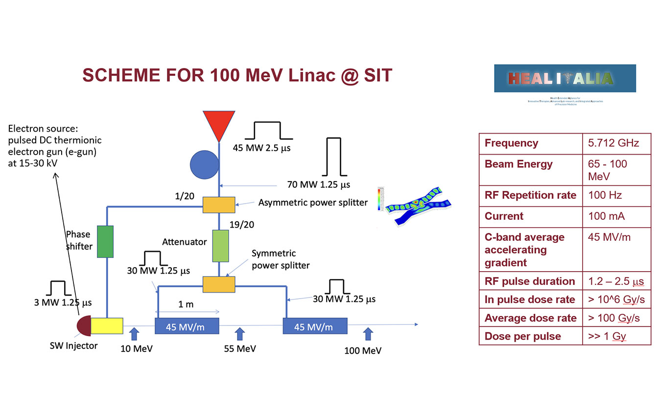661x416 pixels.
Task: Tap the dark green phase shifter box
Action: point(106,241)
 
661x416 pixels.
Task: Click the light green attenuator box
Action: point(220,245)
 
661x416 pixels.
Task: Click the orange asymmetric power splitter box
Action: point(219,204)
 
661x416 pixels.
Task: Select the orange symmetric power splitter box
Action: point(219,284)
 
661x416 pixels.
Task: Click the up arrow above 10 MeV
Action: point(135,334)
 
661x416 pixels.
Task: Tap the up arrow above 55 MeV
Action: point(239,334)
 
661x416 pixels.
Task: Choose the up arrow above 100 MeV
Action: point(368,334)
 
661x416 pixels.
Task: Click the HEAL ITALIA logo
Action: point(565,78)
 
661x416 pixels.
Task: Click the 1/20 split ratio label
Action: point(185,196)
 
